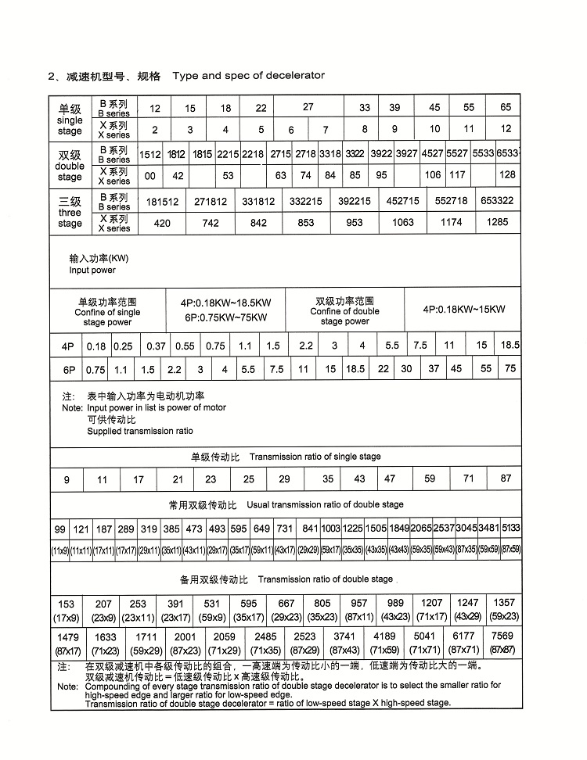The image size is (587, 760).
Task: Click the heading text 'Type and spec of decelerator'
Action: [248, 76]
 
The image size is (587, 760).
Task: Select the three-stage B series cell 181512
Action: [162, 202]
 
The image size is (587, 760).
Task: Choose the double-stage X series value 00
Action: [150, 176]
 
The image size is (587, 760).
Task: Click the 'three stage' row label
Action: [70, 212]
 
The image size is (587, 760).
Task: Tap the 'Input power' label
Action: [92, 270]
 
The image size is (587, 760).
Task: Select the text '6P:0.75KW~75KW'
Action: [226, 317]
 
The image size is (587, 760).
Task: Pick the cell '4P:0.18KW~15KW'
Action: [463, 310]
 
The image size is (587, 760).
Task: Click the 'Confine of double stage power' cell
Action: [344, 311]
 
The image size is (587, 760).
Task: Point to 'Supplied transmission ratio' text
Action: [139, 431]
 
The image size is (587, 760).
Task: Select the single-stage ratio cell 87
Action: [506, 479]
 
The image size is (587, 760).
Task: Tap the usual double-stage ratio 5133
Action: [511, 529]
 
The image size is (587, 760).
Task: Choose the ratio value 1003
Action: [331, 529]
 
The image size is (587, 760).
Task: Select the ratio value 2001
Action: [186, 637]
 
